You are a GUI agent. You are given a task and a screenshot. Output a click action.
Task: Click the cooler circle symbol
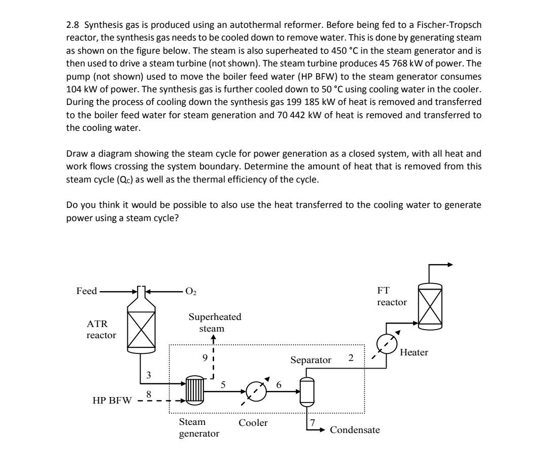pos(256,391)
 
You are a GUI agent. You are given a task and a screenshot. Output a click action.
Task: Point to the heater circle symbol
pos(386,345)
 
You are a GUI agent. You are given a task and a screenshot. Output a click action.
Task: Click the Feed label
pos(86,291)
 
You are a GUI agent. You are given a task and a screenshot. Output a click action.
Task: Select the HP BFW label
pos(111,401)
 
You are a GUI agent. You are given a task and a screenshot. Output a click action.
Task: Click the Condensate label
pos(355,430)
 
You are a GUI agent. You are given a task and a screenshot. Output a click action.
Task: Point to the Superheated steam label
pos(215,322)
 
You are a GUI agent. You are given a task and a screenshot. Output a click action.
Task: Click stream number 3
pos(149,375)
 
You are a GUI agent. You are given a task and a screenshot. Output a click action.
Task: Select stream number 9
pos(204,357)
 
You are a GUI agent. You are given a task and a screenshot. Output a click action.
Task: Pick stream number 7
pos(313,422)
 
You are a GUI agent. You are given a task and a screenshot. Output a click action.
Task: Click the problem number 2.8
pos(73,24)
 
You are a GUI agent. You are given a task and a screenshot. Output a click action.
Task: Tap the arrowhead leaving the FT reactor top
pos(449,265)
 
